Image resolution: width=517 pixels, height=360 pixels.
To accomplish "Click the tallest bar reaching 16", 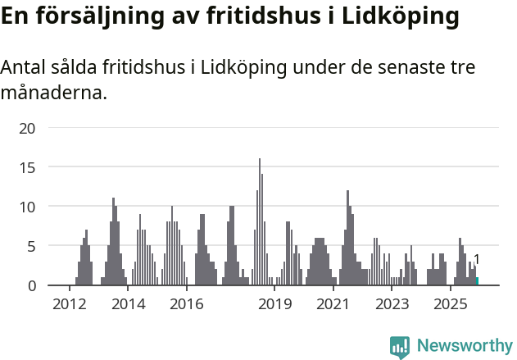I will coord(260,222).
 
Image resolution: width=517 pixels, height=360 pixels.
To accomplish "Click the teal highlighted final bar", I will coord(477,281).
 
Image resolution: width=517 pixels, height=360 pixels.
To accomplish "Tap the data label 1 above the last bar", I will coord(477,260).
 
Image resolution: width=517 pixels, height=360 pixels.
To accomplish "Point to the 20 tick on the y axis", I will coord(28,128).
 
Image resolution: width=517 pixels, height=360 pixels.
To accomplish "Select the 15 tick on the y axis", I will coord(28,167).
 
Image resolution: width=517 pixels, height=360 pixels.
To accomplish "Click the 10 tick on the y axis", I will coord(28,207).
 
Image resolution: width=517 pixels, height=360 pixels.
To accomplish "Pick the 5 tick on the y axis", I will coord(31,246).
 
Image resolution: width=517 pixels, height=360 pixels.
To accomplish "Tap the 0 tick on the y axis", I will coord(31,285).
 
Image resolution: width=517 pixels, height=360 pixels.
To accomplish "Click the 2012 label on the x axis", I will coord(69,304).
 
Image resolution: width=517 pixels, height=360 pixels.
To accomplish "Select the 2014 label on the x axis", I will coord(128,304).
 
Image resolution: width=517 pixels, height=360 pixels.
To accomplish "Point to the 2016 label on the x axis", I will coord(186,304).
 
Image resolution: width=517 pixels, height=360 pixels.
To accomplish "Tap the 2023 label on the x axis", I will coord(392,304).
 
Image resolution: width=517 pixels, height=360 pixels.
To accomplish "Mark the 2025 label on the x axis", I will coord(450,304).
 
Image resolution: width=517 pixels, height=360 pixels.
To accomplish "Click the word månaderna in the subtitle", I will coord(52,93).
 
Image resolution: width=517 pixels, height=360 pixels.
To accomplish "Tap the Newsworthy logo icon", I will coord(400,346).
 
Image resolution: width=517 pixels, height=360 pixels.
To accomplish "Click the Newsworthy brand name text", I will coord(465,346).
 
